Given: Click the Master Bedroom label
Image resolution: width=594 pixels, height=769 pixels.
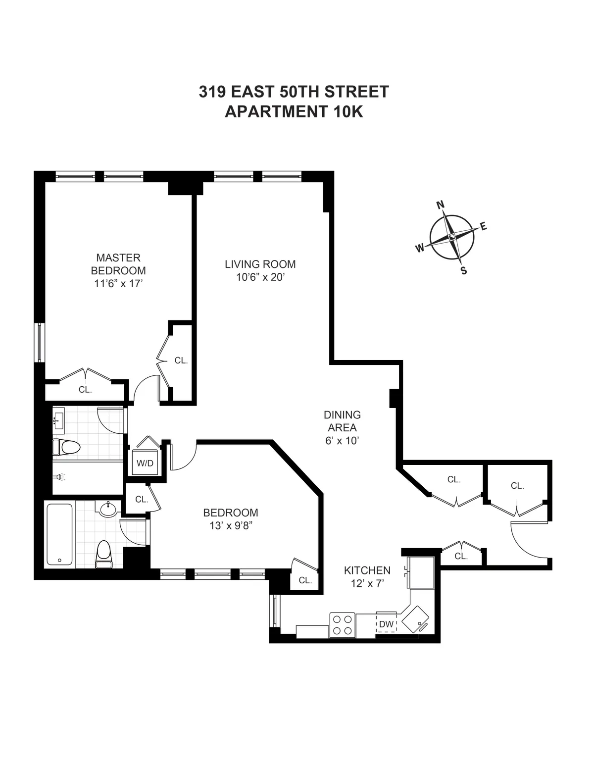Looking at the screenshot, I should pos(118,264).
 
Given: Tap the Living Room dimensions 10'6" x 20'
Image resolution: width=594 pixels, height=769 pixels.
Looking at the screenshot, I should pos(260,277).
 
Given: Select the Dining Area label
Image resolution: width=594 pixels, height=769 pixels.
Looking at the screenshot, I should pos(342,421).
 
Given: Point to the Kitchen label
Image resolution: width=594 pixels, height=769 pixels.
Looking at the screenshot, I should pos(367,570).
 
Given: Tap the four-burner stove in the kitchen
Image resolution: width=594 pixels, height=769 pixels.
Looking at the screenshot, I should pos(342,624).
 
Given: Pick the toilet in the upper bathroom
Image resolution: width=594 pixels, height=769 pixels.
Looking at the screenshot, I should pos(67,447).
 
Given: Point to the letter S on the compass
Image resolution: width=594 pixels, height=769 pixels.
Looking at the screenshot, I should pos(464,270).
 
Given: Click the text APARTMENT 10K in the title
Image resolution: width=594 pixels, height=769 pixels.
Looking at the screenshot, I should pos(294,112).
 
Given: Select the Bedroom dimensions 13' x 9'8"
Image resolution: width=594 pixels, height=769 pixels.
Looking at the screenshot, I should pos(231,526).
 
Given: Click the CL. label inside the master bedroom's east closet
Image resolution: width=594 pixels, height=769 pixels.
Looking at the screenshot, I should pos(181,360).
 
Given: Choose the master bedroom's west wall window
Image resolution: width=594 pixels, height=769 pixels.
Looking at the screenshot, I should pos(39,342).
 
